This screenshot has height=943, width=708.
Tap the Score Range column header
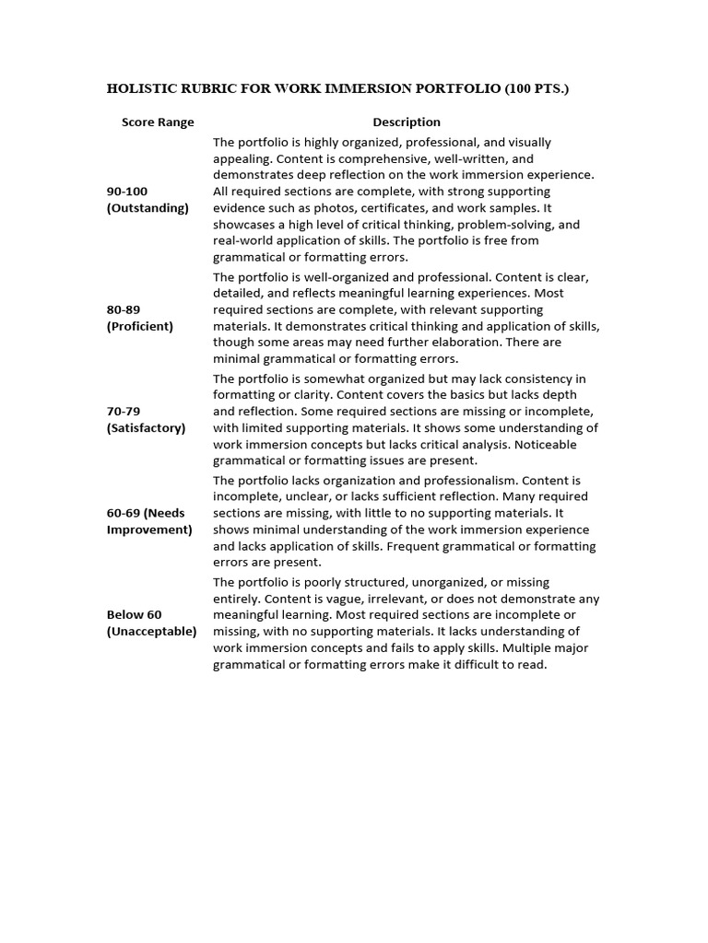[x=158, y=122]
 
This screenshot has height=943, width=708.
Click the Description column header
[x=407, y=122]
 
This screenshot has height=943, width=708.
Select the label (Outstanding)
[x=147, y=207]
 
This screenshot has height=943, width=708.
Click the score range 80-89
[x=124, y=309]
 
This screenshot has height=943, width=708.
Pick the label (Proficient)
[x=140, y=326]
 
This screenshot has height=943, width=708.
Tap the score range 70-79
[x=124, y=411]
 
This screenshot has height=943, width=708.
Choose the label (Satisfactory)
[x=146, y=427]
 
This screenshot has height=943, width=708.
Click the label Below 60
[x=134, y=614]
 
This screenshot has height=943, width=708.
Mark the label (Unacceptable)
[x=151, y=631]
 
